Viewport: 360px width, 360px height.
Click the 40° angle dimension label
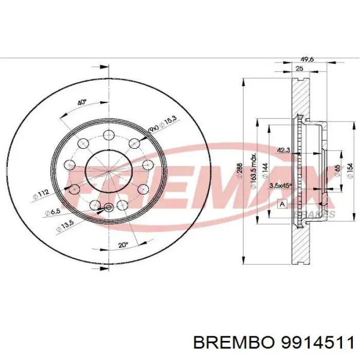point(81,102)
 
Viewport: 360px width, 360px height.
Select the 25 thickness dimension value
point(299,69)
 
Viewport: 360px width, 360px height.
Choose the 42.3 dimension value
point(283,151)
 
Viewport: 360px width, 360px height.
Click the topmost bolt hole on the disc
point(108,135)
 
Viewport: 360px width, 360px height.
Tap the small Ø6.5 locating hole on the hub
point(108,208)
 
